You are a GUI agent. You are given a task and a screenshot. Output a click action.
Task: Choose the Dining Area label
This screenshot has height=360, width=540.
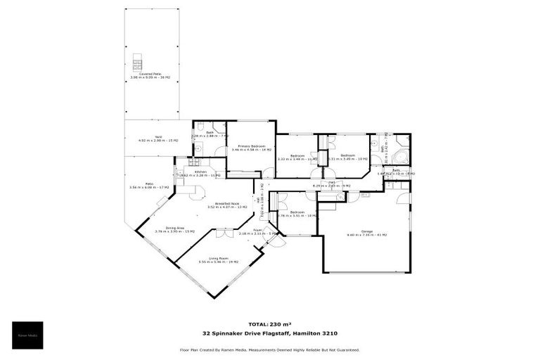coord(175,229)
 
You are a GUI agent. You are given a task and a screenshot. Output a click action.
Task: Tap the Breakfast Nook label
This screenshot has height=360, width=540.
coord(225,205)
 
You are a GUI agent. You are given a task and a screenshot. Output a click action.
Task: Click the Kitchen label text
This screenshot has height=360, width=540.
coord(201,173)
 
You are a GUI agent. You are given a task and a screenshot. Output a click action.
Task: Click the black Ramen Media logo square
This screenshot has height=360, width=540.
coord(27,335)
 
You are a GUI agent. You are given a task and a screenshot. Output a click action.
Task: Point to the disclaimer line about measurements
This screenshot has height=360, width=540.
coord(270,349)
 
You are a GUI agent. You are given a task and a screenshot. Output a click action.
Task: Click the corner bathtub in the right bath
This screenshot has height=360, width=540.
coord(401,156)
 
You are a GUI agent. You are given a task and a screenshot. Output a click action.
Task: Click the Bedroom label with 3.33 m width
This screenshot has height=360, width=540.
coord(297,158)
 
